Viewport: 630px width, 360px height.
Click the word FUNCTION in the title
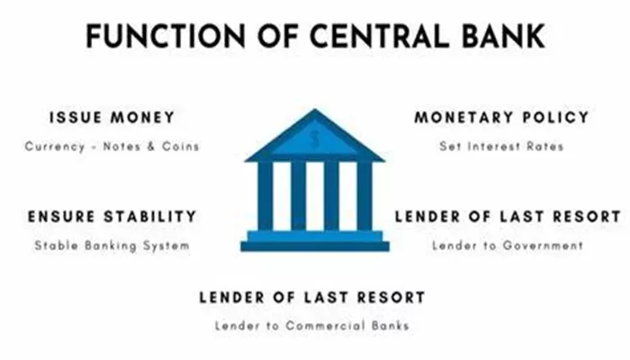point(166,36)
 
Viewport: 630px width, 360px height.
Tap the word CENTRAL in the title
point(379,36)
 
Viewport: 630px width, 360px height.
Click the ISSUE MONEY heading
point(112,118)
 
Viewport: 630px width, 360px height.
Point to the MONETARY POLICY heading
point(502,117)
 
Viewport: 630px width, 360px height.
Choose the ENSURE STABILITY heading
point(112,217)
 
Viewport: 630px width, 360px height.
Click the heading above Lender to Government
point(508,217)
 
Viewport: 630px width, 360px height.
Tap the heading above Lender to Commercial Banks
point(312,298)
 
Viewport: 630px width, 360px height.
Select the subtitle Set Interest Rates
point(502,146)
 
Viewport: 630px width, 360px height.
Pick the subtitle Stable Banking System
point(112,246)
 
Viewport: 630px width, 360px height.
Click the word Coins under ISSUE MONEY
point(181,146)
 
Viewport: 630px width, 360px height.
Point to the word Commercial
point(326,326)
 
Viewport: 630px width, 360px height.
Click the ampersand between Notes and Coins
point(151,146)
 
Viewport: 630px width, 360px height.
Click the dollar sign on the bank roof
point(315,138)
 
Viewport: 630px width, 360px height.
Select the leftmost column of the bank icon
point(265,196)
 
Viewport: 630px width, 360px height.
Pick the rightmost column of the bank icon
point(364,196)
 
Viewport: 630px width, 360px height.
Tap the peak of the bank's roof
point(315,109)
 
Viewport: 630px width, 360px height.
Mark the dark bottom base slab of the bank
point(315,247)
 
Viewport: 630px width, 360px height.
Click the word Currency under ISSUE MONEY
point(55,147)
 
